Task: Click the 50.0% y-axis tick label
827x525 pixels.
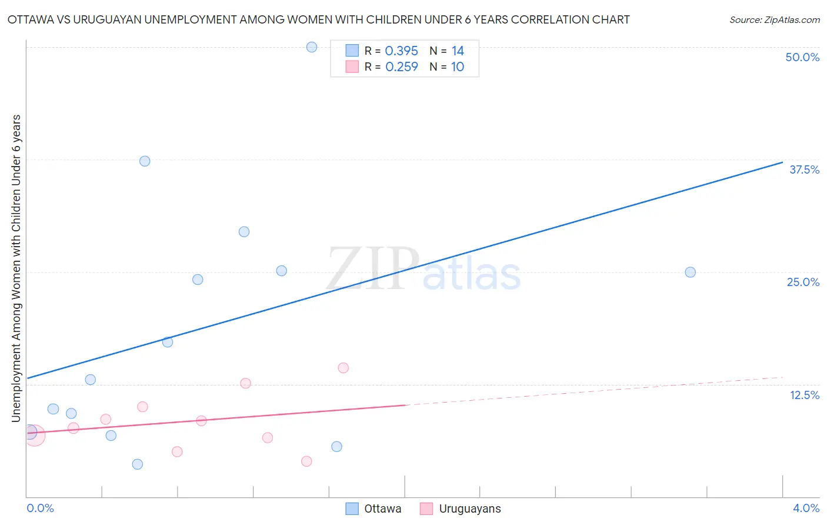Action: pos(802,57)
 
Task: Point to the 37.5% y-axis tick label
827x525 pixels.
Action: pos(803,170)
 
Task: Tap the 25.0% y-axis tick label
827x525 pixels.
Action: pos(802,282)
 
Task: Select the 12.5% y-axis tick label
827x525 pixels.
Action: pos(803,395)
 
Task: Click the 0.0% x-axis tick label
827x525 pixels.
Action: pos(40,508)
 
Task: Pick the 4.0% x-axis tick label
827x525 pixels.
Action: pos(805,508)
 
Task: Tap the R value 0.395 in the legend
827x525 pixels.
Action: pos(401,51)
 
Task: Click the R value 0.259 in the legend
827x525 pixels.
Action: pos(401,67)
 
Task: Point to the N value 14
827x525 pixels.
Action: pos(458,51)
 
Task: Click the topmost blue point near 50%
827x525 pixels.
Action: pos(312,47)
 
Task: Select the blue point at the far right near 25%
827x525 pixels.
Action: pos(691,272)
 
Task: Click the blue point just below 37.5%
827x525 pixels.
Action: pos(145,161)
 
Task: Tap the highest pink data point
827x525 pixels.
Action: pos(344,368)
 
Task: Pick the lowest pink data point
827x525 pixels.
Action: pos(306,461)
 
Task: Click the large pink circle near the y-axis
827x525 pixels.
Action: pos(34,435)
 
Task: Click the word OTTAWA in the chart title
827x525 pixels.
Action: pos(29,20)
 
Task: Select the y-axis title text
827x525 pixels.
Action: pos(16,268)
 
